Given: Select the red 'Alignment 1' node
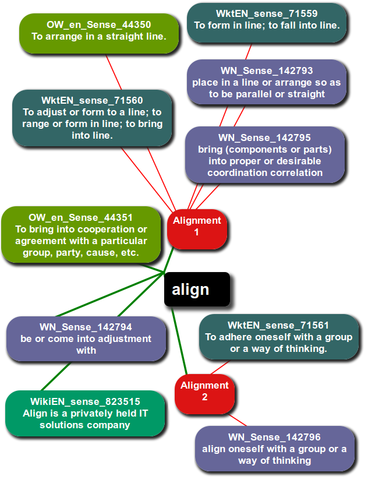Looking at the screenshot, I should [197, 226].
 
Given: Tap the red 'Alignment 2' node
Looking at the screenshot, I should [204, 392].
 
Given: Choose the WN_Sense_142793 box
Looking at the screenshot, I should [267, 83].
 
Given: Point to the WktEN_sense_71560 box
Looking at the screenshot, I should [92, 118].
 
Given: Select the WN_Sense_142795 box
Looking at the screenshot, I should [265, 155].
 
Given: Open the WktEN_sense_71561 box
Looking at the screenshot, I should [278, 337].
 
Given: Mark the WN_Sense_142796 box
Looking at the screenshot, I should [274, 449].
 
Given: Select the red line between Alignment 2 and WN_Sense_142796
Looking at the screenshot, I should [238, 420].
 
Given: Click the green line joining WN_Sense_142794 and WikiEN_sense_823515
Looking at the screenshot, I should [62, 376].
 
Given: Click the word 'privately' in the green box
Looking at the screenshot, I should [93, 414].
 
